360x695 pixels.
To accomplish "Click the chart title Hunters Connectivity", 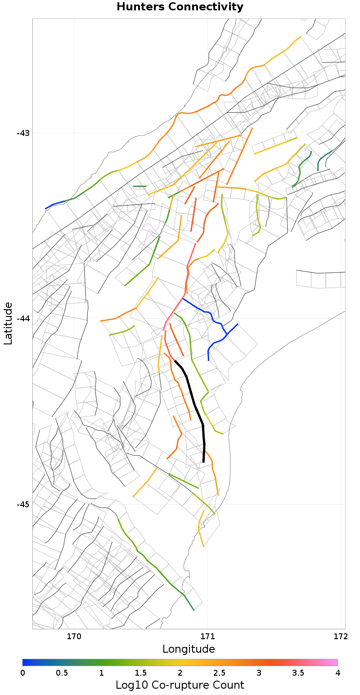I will tap(180, 7).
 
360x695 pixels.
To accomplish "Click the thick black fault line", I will tap(195, 405).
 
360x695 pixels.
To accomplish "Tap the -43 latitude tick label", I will tap(23, 133).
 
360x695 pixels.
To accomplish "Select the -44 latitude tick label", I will tap(23, 319).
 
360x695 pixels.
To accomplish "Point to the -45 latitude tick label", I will tap(23, 505).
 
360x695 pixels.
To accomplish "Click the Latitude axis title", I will tap(8, 324).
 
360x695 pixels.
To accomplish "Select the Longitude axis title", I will tap(189, 649).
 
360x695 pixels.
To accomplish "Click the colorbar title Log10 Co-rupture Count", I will tap(180, 685).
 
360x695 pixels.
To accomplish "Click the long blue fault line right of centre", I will tap(211, 315).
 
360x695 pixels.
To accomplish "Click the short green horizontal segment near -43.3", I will tap(139, 186).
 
